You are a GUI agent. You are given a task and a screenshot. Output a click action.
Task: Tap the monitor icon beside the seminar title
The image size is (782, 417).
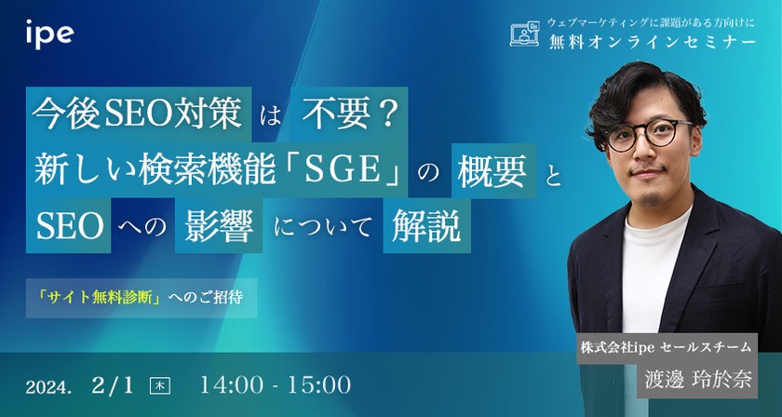click(x=527, y=34)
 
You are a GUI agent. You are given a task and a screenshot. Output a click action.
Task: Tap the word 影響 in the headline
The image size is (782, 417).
click(x=217, y=229)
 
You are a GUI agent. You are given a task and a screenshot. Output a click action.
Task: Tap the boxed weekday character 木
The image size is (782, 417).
click(x=161, y=384)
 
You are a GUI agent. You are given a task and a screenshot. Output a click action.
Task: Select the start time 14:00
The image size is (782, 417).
click(x=234, y=383)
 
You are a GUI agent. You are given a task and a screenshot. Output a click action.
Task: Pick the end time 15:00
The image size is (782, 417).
click(x=317, y=383)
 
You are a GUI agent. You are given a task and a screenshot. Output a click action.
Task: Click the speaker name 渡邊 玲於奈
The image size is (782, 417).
click(x=709, y=380)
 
